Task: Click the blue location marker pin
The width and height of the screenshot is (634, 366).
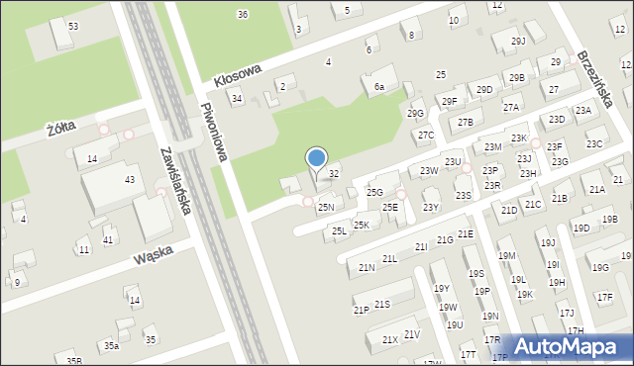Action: [x=316, y=158]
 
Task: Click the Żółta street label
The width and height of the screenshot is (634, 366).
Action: [x=61, y=128]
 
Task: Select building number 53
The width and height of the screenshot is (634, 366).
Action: [x=72, y=25]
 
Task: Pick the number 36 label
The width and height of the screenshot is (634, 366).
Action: [x=243, y=14]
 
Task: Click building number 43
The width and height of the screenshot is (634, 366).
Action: [x=129, y=179]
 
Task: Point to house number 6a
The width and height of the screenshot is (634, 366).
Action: [x=378, y=87]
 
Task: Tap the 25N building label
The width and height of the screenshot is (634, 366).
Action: [x=325, y=208]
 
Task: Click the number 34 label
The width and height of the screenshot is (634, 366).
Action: [x=236, y=98]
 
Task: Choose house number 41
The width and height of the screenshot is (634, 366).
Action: [x=108, y=239]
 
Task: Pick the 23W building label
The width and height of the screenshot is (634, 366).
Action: [x=428, y=171]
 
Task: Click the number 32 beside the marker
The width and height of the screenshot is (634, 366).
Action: [x=334, y=173]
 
